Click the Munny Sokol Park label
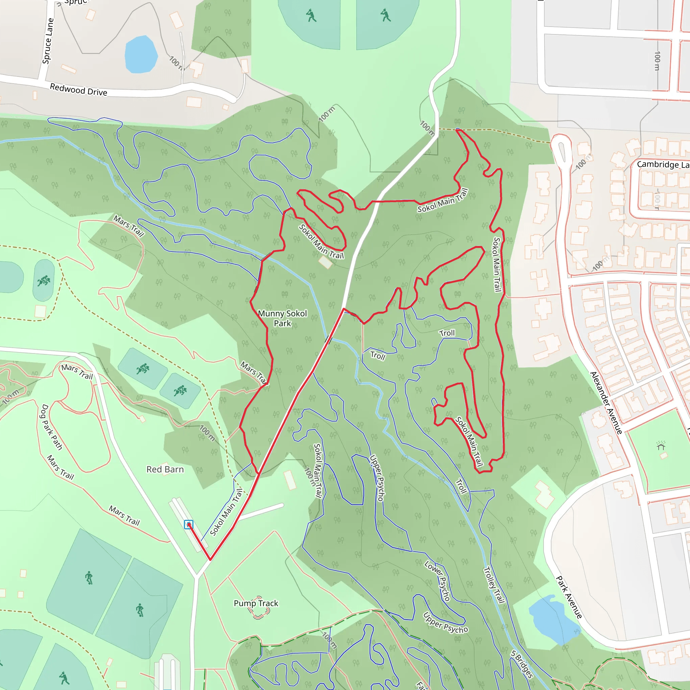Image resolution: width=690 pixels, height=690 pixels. (x=282, y=318)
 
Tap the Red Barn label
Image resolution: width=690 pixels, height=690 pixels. (x=165, y=469)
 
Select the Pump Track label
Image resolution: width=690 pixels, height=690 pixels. (x=256, y=603)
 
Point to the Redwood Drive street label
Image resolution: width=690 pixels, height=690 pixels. (x=79, y=90)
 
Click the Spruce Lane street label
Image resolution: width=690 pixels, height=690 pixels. (x=48, y=41)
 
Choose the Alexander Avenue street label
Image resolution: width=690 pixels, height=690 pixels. (x=606, y=403)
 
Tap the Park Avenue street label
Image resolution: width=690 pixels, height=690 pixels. (x=569, y=597)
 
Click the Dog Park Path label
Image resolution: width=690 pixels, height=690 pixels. (x=52, y=427)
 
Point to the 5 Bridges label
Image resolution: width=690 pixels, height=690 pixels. (x=522, y=664)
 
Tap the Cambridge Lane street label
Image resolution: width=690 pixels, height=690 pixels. (x=663, y=165)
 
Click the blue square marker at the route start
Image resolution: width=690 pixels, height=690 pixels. (x=189, y=524)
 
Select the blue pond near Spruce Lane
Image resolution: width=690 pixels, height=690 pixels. (x=141, y=55)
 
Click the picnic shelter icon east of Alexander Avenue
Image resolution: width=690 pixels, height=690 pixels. (x=661, y=446)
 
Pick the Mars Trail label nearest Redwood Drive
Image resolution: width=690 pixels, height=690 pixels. (x=129, y=226)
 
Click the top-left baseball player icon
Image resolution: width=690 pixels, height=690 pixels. (x=311, y=16)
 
